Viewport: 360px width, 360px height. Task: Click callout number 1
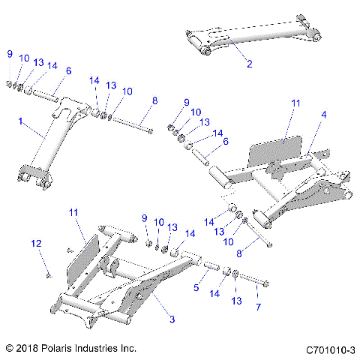21,121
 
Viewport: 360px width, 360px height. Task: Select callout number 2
249,65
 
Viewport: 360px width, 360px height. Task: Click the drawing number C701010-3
330,349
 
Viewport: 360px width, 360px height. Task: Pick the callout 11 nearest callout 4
295,102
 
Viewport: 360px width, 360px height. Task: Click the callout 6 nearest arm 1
68,71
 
